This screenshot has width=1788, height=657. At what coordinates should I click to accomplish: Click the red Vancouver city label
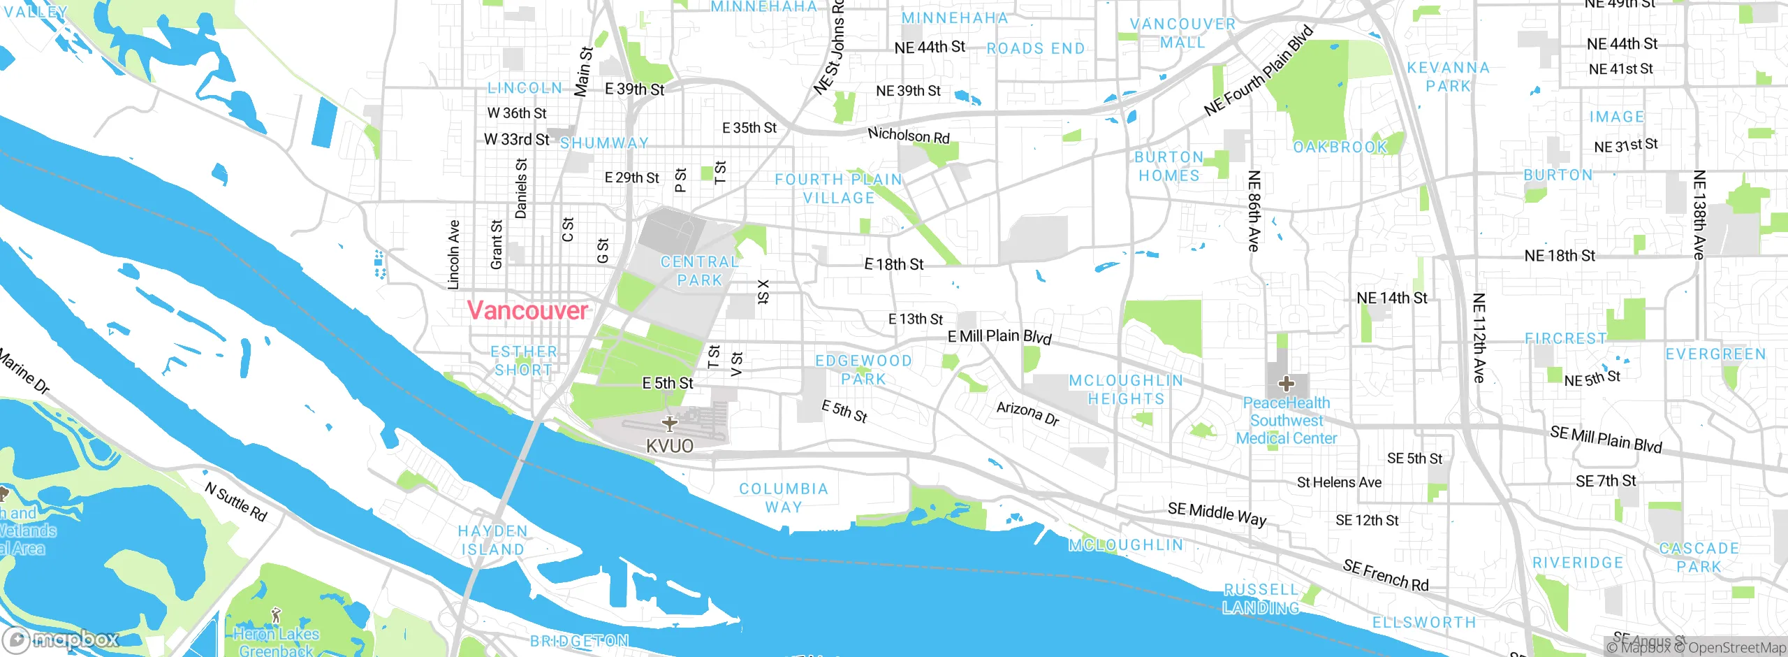pos(527,310)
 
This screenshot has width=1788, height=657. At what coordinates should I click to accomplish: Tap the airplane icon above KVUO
pos(670,424)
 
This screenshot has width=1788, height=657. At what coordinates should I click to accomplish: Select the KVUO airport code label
pos(670,446)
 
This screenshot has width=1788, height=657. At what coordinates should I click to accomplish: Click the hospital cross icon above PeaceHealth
pos(1287,384)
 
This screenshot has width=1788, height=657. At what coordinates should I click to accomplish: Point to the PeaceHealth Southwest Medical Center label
pos(1287,421)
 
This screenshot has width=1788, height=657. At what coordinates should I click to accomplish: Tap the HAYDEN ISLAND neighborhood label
pos(492,540)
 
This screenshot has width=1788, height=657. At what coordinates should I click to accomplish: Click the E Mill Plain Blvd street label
pos(999,337)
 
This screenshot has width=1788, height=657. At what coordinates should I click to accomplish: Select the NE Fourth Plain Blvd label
pos(1259,71)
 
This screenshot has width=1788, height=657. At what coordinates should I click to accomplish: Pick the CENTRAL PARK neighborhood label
pos(700,271)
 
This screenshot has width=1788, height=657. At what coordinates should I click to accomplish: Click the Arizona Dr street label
pos(1027,413)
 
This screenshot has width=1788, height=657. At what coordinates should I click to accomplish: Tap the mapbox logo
pos(61,639)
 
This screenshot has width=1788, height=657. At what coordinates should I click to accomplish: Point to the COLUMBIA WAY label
pos(784,498)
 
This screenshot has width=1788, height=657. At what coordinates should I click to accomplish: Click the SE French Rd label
pos(1386,575)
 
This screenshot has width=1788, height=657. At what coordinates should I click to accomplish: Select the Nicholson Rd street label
pos(909,135)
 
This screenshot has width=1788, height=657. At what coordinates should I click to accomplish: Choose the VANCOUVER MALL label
pos(1182,33)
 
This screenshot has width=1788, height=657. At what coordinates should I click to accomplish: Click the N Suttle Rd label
pos(236,502)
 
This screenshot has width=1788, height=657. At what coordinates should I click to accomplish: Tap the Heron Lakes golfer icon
pos(276,615)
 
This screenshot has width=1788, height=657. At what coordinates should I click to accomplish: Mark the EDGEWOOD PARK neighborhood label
pos(863,370)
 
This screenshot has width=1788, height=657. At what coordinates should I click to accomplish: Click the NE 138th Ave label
pos(1699,215)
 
